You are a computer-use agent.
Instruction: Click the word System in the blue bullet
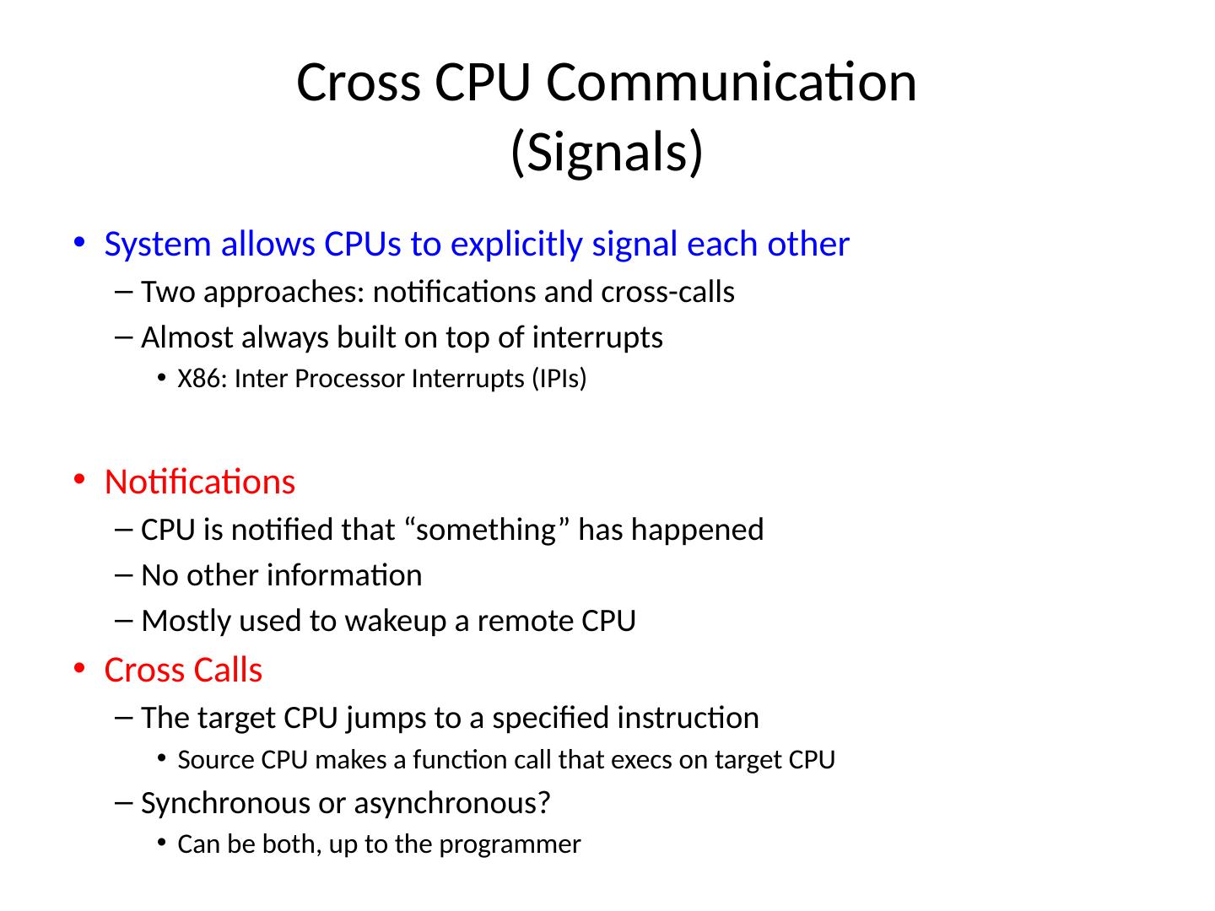(x=157, y=244)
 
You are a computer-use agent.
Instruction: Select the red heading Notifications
(x=200, y=482)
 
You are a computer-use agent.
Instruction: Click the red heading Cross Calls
(x=183, y=670)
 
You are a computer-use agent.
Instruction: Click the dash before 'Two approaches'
(x=124, y=292)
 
